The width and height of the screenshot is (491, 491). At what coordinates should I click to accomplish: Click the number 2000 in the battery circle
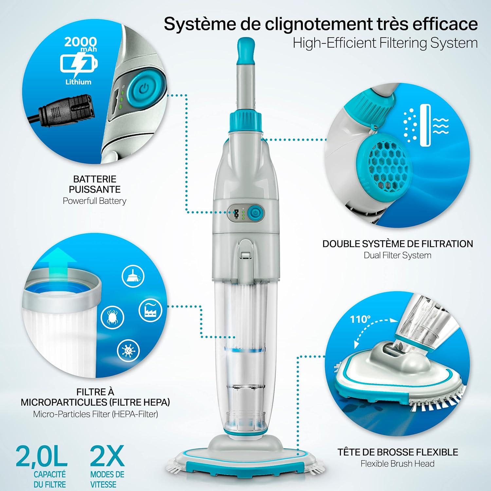coord(80,42)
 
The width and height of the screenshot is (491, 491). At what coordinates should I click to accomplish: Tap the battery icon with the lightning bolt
coord(79,64)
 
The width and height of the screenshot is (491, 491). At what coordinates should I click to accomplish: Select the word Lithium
coord(78,82)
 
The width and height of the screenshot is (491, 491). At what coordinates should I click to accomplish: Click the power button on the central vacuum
coord(255,213)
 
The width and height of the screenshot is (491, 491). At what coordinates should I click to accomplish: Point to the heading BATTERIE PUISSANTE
coord(95,184)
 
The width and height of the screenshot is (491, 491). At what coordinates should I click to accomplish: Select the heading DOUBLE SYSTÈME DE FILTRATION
coord(397,244)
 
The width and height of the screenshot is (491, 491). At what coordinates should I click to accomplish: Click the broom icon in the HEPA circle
coord(133,276)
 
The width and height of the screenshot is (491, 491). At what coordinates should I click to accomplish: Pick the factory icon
coord(150,310)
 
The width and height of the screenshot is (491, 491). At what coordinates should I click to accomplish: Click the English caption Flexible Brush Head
coord(397,464)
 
